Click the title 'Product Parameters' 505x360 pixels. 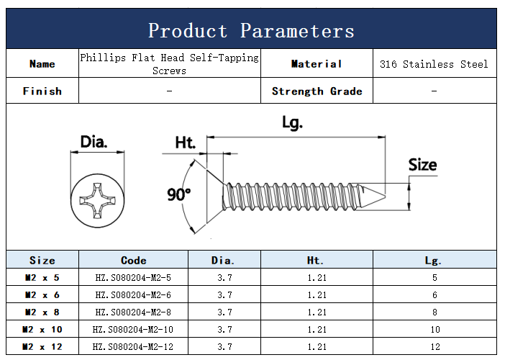pyautogui.click(x=251, y=31)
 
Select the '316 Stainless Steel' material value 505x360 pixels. pyautogui.click(x=434, y=64)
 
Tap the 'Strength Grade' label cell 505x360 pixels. pyautogui.click(x=317, y=91)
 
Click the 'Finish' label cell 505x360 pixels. pyautogui.click(x=42, y=91)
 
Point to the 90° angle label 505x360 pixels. pyautogui.click(x=178, y=194)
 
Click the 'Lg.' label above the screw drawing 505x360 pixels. pyautogui.click(x=293, y=122)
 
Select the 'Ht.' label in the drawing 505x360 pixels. pyautogui.click(x=185, y=143)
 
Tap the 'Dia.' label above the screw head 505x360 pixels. pyautogui.click(x=94, y=142)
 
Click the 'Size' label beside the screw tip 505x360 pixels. pyautogui.click(x=422, y=165)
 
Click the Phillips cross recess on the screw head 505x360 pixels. pyautogui.click(x=97, y=200)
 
